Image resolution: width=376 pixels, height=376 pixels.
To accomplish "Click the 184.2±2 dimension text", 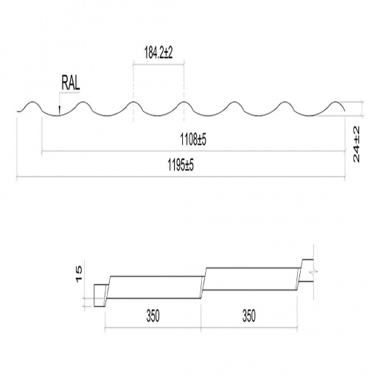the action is click(x=159, y=52).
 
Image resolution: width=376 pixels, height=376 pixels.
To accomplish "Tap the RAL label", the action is click(x=71, y=83).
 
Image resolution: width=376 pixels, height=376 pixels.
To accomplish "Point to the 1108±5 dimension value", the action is click(x=193, y=139).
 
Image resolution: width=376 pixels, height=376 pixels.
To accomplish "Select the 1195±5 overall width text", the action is click(x=181, y=164).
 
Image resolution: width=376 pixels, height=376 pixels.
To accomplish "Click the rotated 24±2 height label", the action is click(x=356, y=144).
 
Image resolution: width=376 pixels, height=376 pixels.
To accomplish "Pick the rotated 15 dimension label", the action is click(x=80, y=274).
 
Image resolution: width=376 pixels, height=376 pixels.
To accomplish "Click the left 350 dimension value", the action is click(x=153, y=316).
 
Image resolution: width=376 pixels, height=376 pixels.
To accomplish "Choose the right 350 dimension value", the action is click(x=248, y=316).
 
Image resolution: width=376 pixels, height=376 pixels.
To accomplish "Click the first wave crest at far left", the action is click(x=32, y=102).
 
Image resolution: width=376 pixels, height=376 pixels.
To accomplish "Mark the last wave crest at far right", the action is click(x=335, y=102).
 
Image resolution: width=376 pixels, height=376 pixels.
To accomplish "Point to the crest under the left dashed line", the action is click(x=133, y=102).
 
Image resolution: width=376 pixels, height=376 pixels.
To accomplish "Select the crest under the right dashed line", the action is click(x=184, y=102).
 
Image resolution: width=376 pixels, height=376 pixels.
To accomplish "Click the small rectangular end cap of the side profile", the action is click(x=100, y=296).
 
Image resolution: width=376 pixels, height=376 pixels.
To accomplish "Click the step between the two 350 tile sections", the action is click(x=203, y=283).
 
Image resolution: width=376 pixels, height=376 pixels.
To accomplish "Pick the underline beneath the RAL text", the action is click(x=69, y=93).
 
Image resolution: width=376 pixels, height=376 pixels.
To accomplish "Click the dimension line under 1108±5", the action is click(x=193, y=151).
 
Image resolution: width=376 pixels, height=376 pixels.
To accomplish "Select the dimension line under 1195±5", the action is click(x=181, y=176).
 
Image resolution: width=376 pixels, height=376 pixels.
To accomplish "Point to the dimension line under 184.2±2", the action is click(x=159, y=65).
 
